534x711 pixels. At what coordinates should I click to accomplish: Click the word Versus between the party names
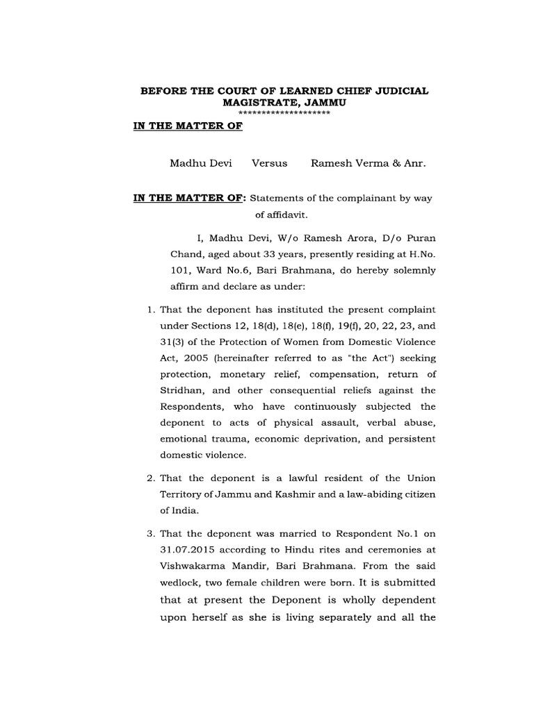tap(269, 163)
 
